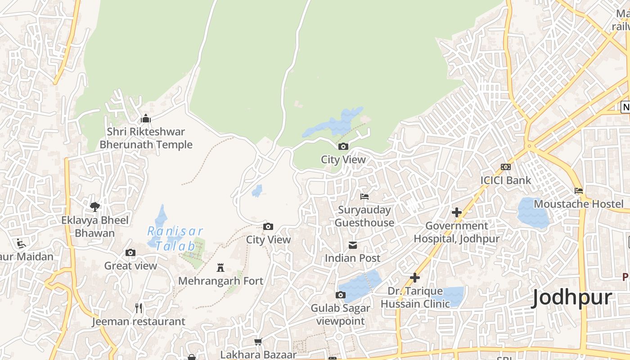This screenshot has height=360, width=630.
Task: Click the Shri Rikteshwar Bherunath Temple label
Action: point(146,138)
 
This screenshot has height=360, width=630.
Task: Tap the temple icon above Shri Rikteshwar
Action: point(146,119)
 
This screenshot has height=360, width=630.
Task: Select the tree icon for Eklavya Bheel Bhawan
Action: point(95,207)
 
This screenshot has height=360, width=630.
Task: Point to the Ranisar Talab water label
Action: point(175,238)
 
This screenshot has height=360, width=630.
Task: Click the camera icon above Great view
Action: point(130,253)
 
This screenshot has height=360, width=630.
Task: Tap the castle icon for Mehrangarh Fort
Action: point(220,268)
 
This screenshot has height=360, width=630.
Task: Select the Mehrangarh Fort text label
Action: point(220,281)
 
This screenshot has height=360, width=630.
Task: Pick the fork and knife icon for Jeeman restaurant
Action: point(139,308)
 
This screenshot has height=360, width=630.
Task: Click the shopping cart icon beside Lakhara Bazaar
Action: point(258,342)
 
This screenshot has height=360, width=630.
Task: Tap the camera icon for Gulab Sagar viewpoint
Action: point(341,295)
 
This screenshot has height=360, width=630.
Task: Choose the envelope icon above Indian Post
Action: point(353,245)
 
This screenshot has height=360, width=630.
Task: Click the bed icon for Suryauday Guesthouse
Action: point(364,197)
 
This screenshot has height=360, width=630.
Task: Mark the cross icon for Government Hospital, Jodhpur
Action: point(457,212)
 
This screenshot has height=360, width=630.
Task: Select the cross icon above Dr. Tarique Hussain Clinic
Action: point(414,278)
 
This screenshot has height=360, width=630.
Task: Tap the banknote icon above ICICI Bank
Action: point(506,167)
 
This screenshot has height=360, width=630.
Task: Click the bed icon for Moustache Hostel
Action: point(579,191)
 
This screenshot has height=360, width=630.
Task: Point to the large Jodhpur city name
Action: point(571,298)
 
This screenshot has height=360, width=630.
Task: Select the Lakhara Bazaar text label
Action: point(258,355)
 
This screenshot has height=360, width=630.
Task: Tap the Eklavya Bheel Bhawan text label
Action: point(95,227)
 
